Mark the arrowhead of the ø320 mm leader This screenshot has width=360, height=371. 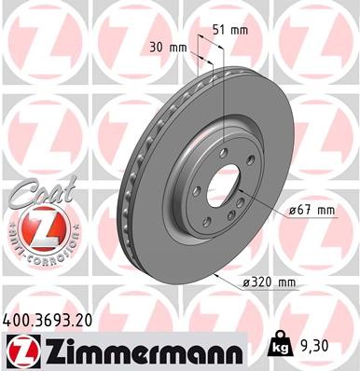(216, 277)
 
